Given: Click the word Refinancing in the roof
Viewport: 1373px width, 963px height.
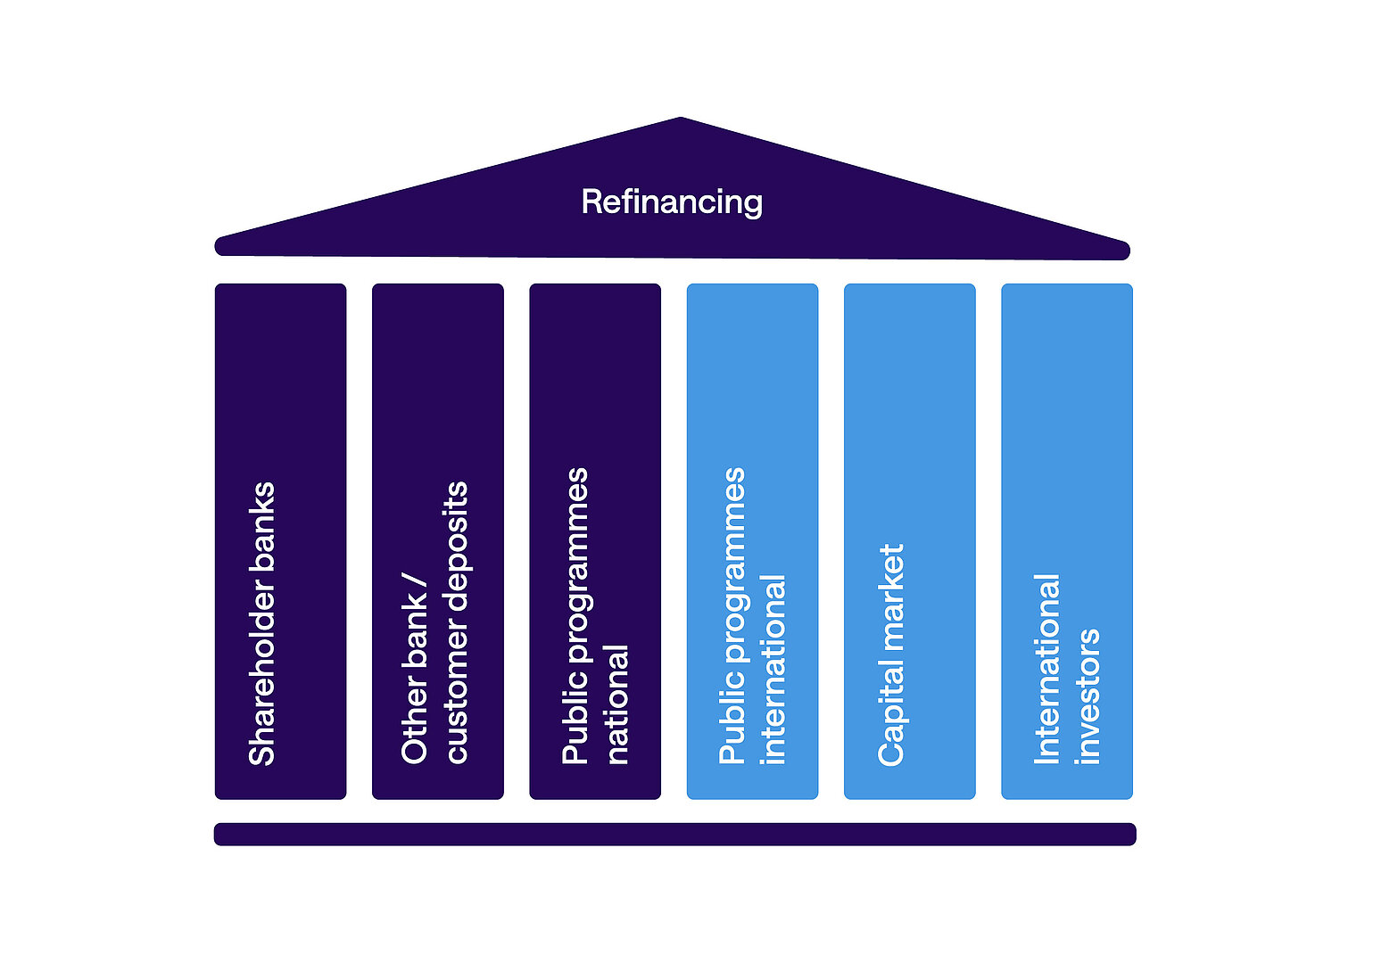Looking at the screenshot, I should pos(672,202).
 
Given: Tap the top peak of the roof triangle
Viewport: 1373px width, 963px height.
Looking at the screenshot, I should pos(680,119).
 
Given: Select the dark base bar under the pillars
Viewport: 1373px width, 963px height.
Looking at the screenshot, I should pos(674,835).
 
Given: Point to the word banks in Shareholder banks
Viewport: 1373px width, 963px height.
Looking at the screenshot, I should pos(262,518).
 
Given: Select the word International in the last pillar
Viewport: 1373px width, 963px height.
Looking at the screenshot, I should pos(1047,669).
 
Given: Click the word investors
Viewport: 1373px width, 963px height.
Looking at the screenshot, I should pos(1088,696).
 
